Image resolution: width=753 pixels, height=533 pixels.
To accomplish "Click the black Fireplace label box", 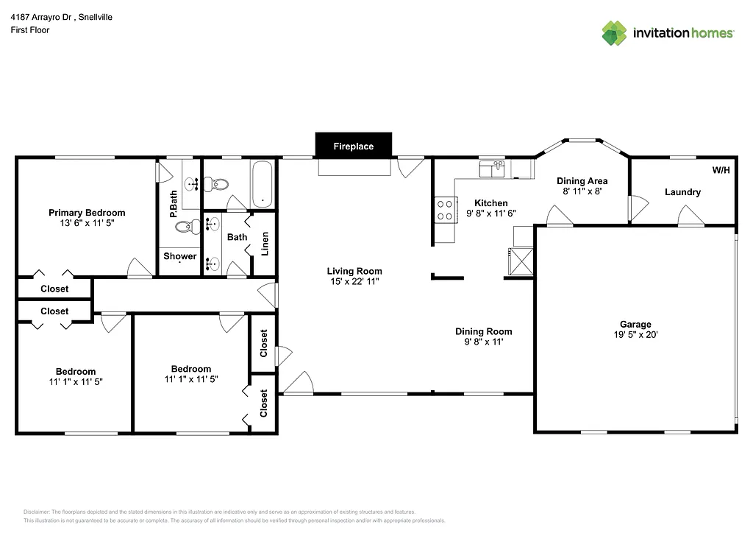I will pos(354,146).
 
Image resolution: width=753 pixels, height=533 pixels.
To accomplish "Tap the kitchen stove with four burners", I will pos(444,210).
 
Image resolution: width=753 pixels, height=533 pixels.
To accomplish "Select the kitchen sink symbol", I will pos(490,169).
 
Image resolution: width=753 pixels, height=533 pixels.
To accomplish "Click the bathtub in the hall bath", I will pos(261,184).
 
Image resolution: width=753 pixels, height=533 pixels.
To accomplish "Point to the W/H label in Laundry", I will pos(721,170).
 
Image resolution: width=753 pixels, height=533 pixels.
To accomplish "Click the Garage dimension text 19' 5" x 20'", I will pos(635,334).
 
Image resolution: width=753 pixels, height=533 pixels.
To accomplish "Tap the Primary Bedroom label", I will pos(87,213).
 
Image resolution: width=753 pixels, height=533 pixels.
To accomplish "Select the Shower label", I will pos(180,256).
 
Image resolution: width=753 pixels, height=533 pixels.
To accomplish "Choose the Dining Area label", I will pos(582,180).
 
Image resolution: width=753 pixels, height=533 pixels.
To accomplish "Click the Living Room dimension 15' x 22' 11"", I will pos(354,281).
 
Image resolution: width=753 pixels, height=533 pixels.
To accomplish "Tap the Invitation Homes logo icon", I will pos(615,33).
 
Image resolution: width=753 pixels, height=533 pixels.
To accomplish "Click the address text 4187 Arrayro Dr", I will pos(41,16).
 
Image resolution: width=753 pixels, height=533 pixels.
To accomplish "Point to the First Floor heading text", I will pos(30,30).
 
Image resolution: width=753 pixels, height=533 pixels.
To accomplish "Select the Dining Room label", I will pos(483,331).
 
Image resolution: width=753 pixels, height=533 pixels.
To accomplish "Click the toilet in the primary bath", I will pos(192,227).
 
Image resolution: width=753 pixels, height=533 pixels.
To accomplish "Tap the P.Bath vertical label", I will pos(174,204).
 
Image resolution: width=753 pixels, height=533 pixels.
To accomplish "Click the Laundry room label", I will pos(682,192).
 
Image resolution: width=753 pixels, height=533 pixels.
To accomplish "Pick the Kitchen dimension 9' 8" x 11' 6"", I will pos(491,213).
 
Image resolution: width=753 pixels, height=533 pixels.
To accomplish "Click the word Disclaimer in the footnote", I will pos(36,512).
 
